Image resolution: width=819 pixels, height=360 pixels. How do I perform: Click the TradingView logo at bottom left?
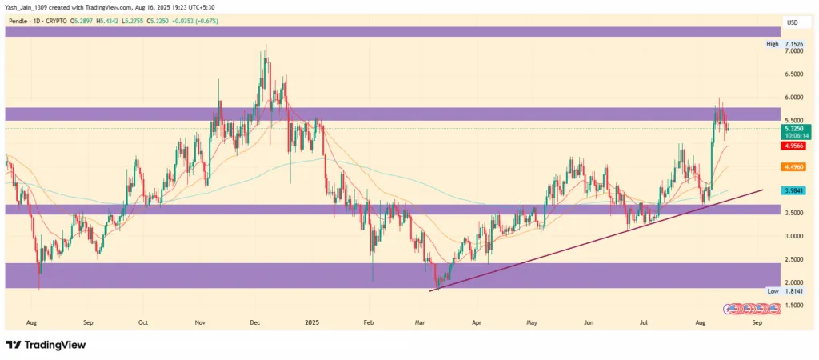pos(46,345)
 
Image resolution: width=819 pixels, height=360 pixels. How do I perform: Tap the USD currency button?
pos(793,22)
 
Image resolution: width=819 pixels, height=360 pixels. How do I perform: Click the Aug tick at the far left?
pos(31,322)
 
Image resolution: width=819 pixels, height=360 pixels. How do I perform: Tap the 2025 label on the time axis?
pos(311,322)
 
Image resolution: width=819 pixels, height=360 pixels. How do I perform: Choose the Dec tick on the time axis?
pos(254,322)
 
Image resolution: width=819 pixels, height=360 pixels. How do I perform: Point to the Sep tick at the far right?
pos(757,322)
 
